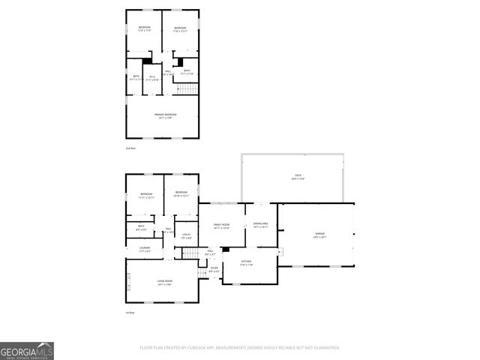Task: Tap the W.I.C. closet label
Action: [151, 77]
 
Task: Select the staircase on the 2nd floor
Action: [187, 89]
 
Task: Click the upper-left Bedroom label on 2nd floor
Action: [144, 29]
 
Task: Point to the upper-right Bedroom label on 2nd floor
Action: [180, 29]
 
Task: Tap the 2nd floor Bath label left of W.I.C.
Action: [136, 76]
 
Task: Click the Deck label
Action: [298, 178]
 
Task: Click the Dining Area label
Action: [261, 225]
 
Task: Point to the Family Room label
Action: [221, 226]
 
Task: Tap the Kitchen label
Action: [246, 264]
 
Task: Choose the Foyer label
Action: [214, 269]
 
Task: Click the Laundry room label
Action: [144, 249]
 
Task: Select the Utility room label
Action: [186, 236]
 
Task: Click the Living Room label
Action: [166, 283]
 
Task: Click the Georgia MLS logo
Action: [27, 351]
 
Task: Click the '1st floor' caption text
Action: [130, 313]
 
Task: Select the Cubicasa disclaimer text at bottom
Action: [240, 348]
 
